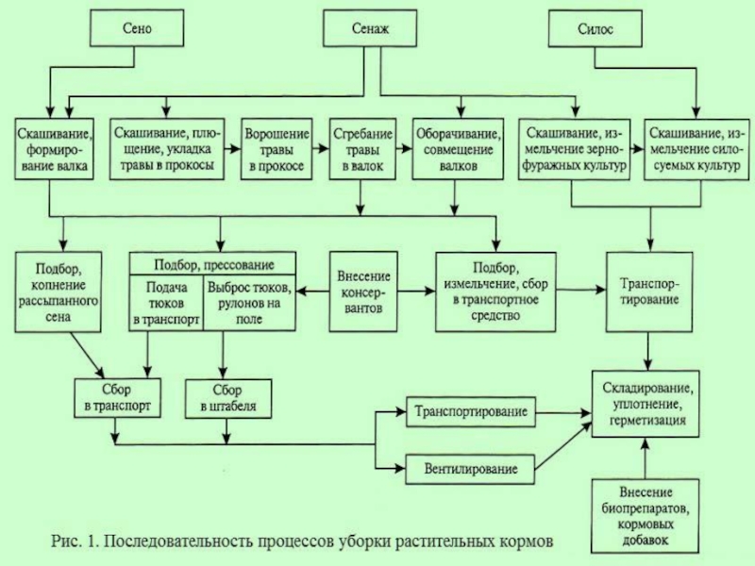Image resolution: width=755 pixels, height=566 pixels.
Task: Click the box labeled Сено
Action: pos(137,28)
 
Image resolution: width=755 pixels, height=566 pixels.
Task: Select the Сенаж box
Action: pos(370,28)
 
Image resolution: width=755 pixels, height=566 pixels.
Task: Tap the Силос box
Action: pos(596,29)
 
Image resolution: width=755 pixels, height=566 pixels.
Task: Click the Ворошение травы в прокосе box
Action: pos(277,149)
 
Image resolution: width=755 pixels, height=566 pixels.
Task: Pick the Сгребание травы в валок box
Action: pos(362,149)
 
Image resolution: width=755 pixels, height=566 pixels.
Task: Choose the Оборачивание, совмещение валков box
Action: pos(458,149)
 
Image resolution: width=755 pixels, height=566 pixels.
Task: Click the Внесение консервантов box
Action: pos(363,291)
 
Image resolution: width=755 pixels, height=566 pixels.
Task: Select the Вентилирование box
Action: pos(470,469)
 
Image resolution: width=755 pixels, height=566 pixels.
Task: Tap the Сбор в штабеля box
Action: pos(228,398)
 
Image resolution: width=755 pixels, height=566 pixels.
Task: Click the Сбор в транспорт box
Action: pos(117,398)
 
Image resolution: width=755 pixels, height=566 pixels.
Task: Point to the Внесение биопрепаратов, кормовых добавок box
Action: pos(645,516)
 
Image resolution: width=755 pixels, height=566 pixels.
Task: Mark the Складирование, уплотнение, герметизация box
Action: pos(646,404)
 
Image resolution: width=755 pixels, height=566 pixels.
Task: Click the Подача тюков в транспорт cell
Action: pos(166,303)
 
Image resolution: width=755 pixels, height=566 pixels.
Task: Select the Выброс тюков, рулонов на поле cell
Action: pos(249,303)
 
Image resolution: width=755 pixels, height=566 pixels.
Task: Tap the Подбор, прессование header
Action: pos(213,264)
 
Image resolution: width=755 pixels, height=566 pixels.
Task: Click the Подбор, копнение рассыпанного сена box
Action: pos(59,292)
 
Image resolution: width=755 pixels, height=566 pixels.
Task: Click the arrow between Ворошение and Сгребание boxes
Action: pos(321,149)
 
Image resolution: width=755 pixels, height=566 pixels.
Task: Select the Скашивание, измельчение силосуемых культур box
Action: pos(696,149)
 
